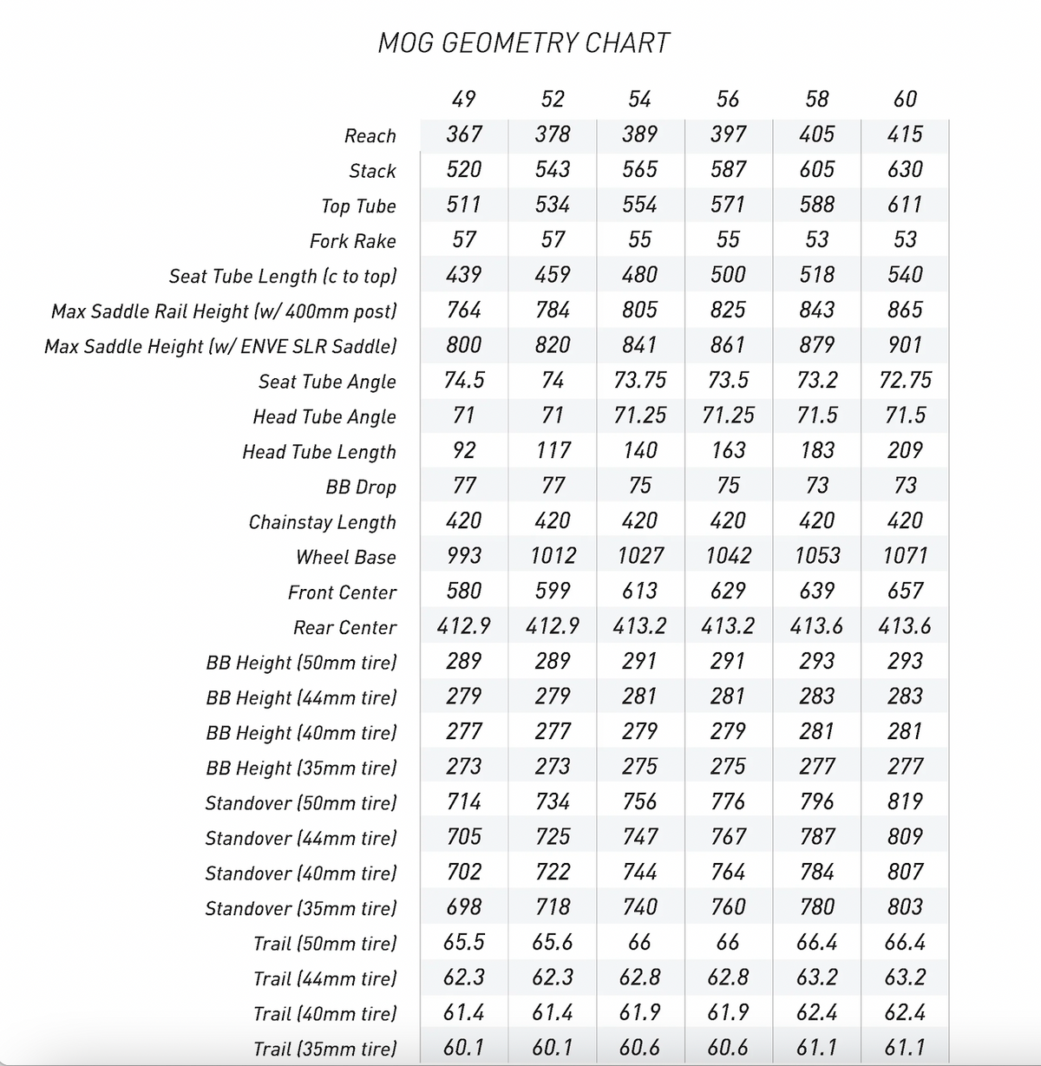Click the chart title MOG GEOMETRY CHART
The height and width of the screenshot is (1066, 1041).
(524, 43)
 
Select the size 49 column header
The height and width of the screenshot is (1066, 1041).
(464, 99)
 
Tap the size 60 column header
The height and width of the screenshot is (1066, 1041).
(905, 99)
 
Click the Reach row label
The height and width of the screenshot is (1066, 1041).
(370, 136)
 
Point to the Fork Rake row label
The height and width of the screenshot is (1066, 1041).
(352, 241)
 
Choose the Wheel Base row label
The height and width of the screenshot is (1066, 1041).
(345, 558)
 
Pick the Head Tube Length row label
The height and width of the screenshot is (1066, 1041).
(318, 452)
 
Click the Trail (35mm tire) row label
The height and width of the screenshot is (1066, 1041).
(324, 1049)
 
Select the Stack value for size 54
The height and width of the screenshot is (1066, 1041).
(639, 169)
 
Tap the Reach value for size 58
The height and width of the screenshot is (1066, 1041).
(816, 134)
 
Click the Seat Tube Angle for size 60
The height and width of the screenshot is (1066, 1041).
(905, 380)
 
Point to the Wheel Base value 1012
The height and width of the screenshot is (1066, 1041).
(553, 556)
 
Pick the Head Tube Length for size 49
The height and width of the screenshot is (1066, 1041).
(464, 450)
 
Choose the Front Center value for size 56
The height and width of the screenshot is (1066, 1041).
(728, 591)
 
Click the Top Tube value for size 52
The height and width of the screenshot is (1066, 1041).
(553, 205)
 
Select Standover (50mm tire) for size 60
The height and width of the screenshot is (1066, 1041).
(905, 801)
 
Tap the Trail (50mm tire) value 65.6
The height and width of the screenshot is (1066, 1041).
(553, 942)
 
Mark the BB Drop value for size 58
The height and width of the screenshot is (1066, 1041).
(816, 486)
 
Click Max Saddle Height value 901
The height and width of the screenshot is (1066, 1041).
(905, 345)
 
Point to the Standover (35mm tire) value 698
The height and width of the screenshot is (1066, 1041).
(464, 907)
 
